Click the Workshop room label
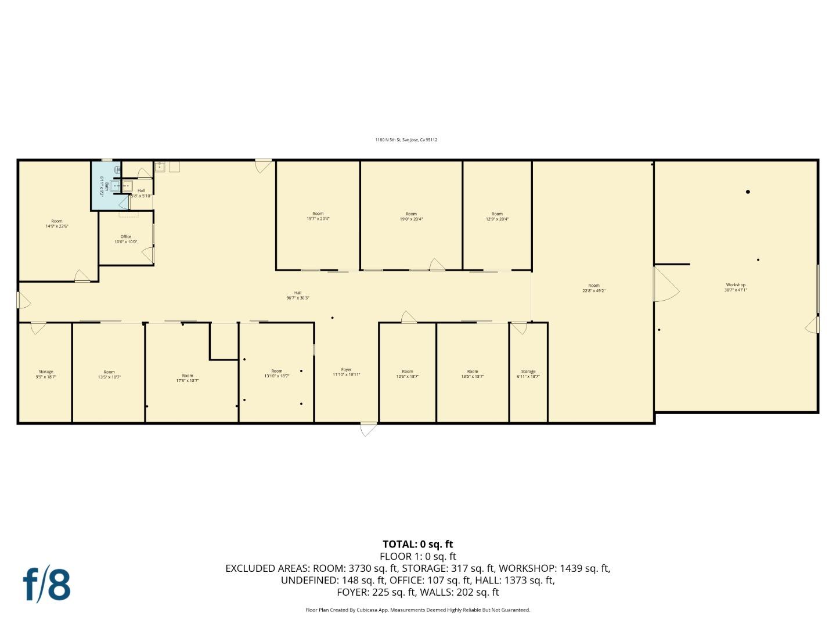[x=736, y=287]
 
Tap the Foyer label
[x=346, y=372]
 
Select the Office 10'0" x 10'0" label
[x=125, y=239]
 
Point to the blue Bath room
[x=105, y=186]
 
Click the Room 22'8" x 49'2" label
[x=593, y=288]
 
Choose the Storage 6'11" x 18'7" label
[x=528, y=374]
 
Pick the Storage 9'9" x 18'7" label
[x=46, y=374]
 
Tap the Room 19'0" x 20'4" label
[x=411, y=217]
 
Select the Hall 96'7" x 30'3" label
[x=297, y=296]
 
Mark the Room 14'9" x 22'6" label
[x=56, y=224]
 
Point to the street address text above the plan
[x=406, y=140]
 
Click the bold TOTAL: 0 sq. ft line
[x=417, y=545]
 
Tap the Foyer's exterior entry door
[x=368, y=429]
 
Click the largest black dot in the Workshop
[x=748, y=192]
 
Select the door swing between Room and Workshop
[x=665, y=284]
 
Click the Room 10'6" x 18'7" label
[x=407, y=374]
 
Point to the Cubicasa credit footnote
[x=417, y=610]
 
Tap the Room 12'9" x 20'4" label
[x=497, y=217]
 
